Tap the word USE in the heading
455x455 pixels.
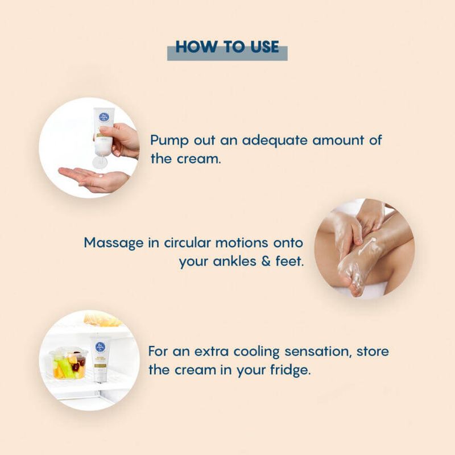pyautogui.click(x=264, y=47)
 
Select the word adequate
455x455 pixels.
pyautogui.click(x=275, y=140)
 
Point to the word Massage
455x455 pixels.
pyautogui.click(x=113, y=243)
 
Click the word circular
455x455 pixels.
pyautogui.click(x=187, y=243)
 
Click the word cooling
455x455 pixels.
pyautogui.click(x=257, y=351)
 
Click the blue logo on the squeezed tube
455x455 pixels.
pyautogui.click(x=104, y=117)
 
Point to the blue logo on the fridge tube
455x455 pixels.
pyautogui.click(x=100, y=347)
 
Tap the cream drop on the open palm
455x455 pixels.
pyautogui.click(x=101, y=175)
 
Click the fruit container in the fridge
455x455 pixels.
pyautogui.click(x=69, y=364)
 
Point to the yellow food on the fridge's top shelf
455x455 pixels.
pyautogui.click(x=102, y=319)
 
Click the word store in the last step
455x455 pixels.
pyautogui.click(x=373, y=351)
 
